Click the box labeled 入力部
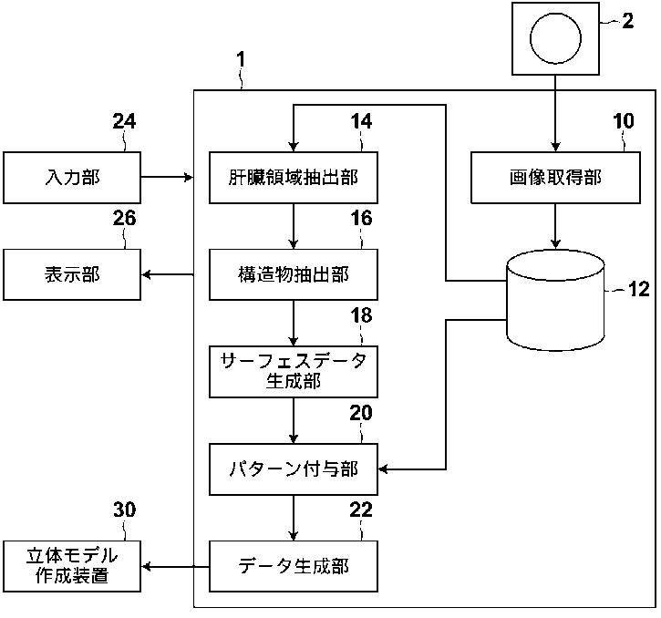[x=72, y=178]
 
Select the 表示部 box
[x=72, y=274]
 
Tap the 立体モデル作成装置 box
[x=72, y=566]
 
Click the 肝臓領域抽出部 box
[x=294, y=178]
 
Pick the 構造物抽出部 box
[x=294, y=274]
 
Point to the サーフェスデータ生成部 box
[x=294, y=371]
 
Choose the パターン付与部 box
[x=294, y=469]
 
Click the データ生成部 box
[x=294, y=566]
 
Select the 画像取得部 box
[x=555, y=178]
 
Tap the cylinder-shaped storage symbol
[x=555, y=300]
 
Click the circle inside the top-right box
[x=555, y=38]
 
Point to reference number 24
[x=124, y=121]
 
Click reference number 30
[x=124, y=510]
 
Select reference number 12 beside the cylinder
[x=638, y=289]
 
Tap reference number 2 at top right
[x=627, y=21]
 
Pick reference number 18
[x=361, y=315]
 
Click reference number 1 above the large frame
[x=241, y=60]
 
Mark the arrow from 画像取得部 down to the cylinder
[x=555, y=226]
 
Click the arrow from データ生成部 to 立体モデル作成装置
[x=175, y=567]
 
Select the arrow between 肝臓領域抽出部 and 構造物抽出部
[x=294, y=226]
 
